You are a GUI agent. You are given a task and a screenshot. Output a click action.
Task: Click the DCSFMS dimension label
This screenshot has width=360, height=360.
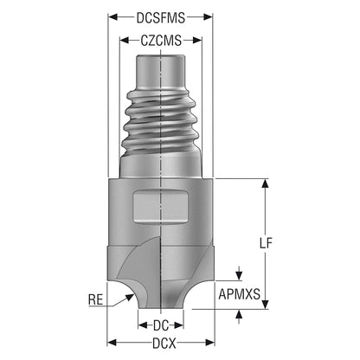pos(161,17)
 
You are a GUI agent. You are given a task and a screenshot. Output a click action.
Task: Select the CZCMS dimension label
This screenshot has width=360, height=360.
pos(161,41)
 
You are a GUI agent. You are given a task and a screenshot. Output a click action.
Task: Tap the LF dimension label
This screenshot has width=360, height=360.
pos(266,243)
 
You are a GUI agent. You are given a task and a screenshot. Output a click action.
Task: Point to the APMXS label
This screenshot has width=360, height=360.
pos(239,294)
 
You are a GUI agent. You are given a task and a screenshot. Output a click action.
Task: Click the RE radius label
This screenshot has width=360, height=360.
pos(96,299)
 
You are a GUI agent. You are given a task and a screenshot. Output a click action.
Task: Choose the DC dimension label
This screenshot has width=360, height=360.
pos(161,325)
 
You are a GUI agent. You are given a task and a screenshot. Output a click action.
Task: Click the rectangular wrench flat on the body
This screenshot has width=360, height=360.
pos(160,207)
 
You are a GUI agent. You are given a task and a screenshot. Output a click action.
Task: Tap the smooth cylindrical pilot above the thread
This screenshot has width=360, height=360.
pos(161,72)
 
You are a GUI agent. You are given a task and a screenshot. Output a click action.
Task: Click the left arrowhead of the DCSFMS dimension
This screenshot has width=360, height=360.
pos(112,17)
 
